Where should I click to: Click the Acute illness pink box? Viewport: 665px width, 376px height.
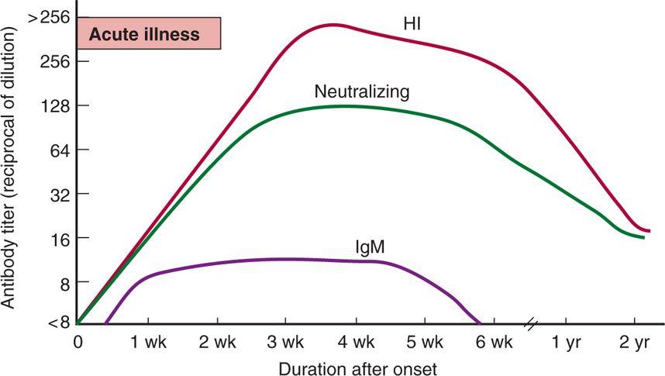point(149,34)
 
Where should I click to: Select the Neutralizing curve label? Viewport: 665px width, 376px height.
point(361,91)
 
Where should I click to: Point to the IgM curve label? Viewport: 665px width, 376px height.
point(370,247)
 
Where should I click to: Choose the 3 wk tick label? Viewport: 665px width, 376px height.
point(286,342)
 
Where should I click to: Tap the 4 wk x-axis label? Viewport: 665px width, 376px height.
point(355,342)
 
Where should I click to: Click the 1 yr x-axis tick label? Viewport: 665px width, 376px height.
point(565,342)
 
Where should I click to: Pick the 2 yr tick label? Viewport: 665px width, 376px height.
point(635,342)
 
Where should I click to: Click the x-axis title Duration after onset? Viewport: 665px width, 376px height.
point(359,365)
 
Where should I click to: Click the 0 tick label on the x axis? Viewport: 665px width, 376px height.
point(78,342)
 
